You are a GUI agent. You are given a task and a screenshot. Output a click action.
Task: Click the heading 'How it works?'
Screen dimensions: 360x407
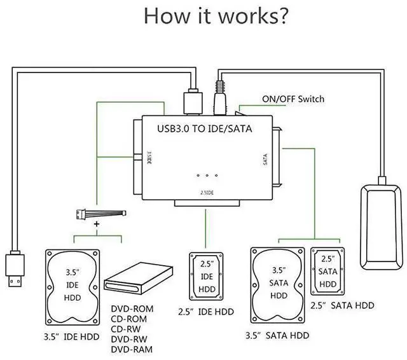pos(210,15)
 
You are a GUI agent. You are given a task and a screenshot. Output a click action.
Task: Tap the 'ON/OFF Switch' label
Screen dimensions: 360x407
pos(293,99)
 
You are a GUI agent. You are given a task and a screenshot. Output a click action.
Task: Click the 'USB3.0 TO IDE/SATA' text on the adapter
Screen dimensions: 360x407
pos(204,128)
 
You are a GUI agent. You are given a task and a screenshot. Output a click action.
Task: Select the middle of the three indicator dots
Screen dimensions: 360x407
pos(207,174)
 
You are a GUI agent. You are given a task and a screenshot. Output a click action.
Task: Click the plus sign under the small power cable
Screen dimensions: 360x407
pos(97,225)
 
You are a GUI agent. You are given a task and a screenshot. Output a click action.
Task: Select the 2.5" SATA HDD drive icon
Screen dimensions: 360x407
pos(327,272)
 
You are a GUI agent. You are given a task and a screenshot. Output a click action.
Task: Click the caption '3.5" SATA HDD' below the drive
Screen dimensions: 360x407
pos(279,335)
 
